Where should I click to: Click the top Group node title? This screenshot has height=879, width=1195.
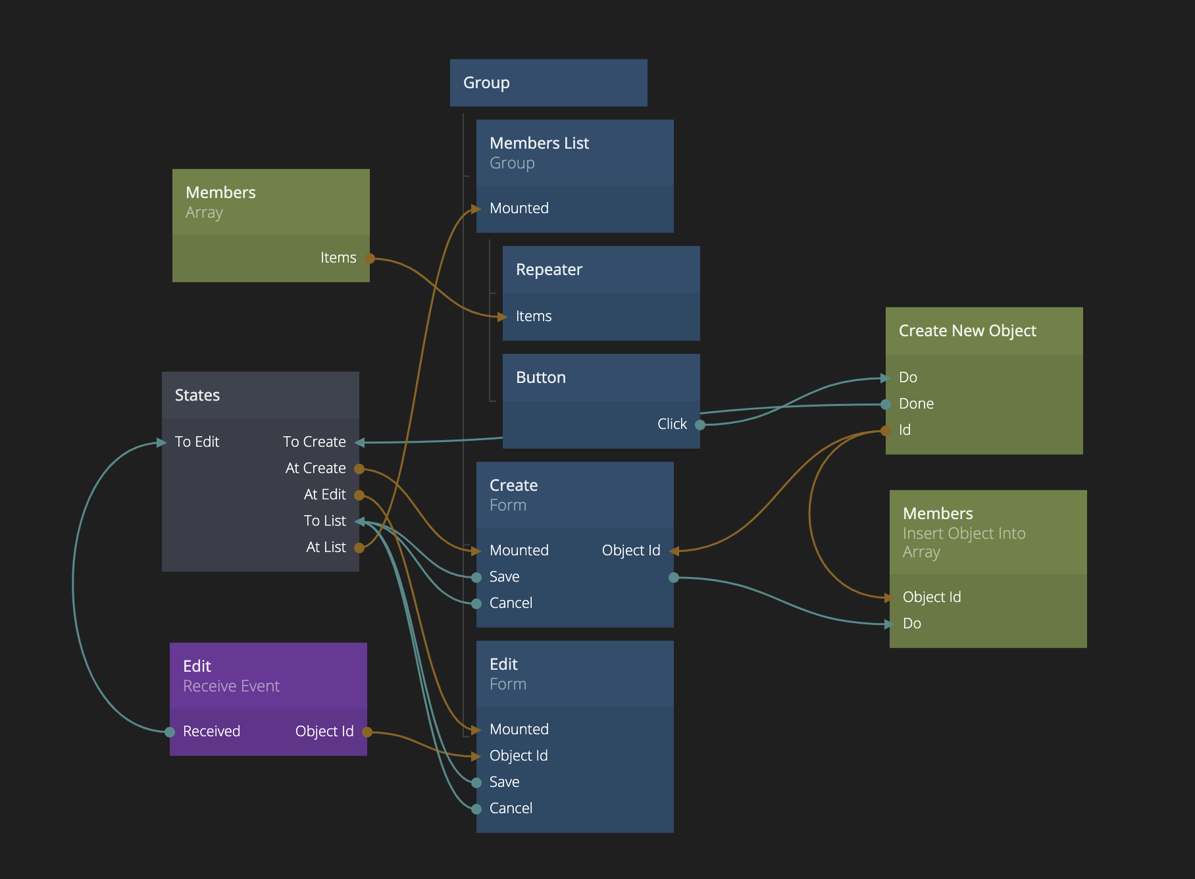486,83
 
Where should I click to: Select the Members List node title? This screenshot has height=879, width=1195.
539,143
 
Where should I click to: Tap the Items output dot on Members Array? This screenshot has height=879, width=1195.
370,259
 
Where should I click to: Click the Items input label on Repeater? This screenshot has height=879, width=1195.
534,316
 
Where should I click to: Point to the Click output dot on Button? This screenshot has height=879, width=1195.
700,425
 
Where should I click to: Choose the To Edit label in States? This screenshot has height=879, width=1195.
197,442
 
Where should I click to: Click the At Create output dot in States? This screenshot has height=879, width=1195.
359,469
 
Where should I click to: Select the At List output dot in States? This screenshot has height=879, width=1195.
359,547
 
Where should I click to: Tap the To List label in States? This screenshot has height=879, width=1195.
324,521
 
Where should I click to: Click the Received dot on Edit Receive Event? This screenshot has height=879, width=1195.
170,732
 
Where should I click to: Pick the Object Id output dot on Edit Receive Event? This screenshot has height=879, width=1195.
367,732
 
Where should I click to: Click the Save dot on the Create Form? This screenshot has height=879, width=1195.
476,578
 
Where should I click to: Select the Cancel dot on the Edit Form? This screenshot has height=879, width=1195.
476,809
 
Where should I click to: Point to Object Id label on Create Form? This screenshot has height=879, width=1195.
630,551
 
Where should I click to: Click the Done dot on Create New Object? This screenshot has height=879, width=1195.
886,405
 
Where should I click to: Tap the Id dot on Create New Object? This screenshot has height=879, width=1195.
886,431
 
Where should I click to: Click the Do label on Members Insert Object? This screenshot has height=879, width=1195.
911,624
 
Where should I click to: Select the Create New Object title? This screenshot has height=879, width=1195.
967,331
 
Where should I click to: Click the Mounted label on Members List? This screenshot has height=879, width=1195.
519,209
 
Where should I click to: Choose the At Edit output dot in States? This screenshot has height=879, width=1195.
359,495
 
